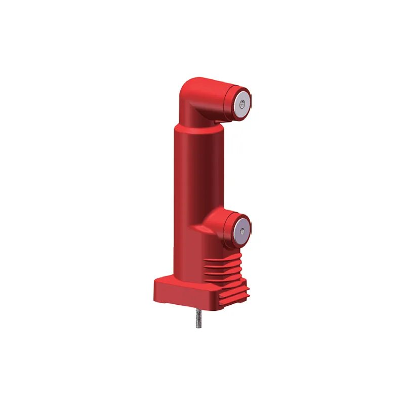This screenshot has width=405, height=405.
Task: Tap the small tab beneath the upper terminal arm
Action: pos(218,121)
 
